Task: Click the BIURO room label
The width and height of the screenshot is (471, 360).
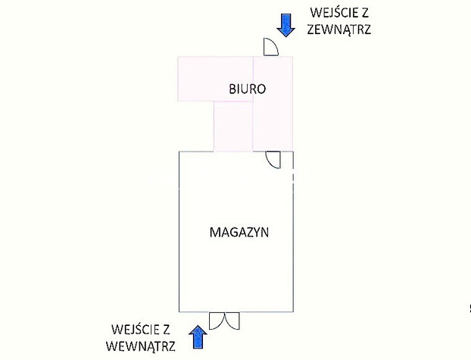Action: coord(247,89)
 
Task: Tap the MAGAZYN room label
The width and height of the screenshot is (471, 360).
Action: coord(239,233)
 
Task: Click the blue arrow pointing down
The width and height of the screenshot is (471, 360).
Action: coord(285,25)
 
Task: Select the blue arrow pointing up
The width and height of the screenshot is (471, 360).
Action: coord(198,337)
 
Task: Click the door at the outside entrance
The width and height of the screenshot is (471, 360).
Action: coord(271,47)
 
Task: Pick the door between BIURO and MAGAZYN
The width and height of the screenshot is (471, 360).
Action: coord(273,160)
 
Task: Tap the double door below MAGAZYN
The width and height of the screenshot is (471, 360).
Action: coord(224,321)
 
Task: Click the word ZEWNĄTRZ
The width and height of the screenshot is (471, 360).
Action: coord(338,30)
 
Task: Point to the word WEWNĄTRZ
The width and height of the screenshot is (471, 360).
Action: coord(140,346)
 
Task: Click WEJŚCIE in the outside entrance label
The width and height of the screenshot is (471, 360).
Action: coord(331,13)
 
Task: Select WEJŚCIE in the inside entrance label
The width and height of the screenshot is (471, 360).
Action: coord(133,330)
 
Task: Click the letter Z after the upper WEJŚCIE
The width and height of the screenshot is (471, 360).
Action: coord(364,13)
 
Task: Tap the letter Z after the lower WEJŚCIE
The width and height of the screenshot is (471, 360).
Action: coord(166,330)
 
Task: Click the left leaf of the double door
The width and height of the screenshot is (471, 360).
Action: coord(217,321)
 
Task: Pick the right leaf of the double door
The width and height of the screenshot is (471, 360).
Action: coord(232,321)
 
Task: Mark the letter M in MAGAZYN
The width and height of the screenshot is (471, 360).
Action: coord(215,233)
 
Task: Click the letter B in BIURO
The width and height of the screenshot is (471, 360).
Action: coord(232,89)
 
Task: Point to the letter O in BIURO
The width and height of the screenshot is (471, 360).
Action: coord(261,89)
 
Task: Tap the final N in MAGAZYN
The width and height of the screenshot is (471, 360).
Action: coord(264,233)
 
